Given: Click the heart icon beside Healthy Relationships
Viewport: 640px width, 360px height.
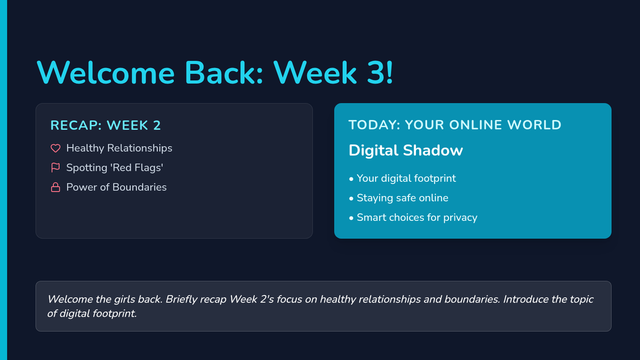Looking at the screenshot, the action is pos(55,148).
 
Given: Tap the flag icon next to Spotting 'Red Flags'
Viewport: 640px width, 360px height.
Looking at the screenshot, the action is pos(55,167).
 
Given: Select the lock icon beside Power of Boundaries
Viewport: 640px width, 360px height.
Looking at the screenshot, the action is pos(55,187).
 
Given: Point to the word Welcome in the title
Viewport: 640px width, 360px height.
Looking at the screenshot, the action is pos(106,73).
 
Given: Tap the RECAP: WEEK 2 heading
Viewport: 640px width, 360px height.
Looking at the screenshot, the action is pos(106,125).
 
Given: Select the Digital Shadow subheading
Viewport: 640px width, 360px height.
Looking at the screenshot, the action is pos(405,150).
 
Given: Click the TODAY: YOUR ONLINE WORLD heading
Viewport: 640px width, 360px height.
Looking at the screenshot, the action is pos(455,125).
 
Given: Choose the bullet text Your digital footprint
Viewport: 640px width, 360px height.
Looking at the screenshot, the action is pos(406,179).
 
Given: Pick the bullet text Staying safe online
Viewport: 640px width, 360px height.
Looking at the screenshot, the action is pos(403,198).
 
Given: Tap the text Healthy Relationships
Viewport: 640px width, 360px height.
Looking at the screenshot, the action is pos(119,148).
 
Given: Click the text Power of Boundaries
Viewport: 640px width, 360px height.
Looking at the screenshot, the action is pos(116,187).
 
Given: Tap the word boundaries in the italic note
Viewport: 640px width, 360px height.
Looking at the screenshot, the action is pos(472,299).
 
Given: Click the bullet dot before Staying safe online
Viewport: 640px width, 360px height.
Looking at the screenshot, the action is pos(351,198).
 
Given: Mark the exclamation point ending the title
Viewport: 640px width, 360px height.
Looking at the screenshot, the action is pos(390,73).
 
